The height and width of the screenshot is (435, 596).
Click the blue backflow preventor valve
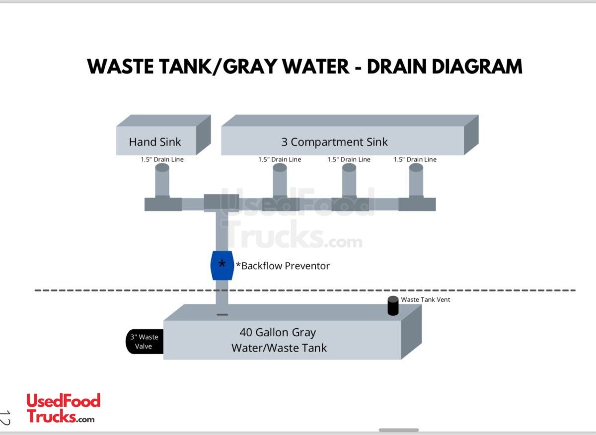click(x=222, y=265)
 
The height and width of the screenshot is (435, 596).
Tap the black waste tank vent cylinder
click(x=393, y=306)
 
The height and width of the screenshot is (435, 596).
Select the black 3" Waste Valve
click(x=145, y=342)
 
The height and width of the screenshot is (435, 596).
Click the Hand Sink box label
click(x=155, y=142)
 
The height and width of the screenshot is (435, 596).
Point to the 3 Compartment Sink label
click(x=334, y=142)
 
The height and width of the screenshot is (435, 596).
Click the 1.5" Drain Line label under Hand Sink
click(x=162, y=159)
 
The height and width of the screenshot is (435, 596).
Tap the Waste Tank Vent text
click(x=426, y=299)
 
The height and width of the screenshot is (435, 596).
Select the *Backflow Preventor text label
click(x=283, y=266)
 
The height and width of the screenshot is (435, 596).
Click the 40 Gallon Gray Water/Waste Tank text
click(x=279, y=340)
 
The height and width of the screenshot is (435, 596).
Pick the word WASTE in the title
click(x=119, y=67)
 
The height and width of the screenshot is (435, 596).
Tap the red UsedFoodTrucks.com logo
click(x=63, y=408)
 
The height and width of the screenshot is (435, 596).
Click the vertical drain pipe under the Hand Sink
click(x=162, y=182)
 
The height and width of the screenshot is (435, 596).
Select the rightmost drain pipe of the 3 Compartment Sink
click(x=416, y=182)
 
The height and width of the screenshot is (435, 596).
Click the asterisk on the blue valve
click(x=222, y=263)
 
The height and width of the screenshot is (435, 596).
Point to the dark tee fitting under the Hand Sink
click(x=163, y=204)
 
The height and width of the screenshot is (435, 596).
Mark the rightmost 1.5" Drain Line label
click(x=415, y=159)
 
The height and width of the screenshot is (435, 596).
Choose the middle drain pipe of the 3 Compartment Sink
click(x=349, y=182)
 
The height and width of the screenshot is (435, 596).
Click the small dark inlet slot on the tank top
click(x=222, y=314)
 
